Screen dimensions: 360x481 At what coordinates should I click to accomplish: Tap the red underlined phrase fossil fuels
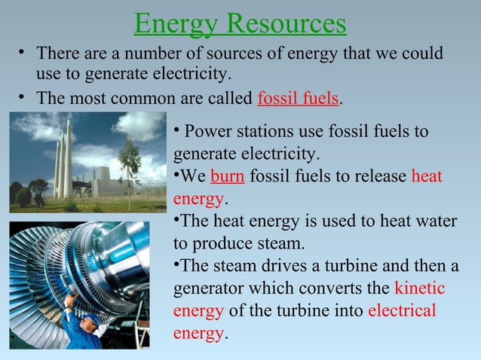(x=299, y=99)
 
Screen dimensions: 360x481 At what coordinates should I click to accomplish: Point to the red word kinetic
(x=419, y=288)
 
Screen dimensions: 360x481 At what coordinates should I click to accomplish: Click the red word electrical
(x=402, y=311)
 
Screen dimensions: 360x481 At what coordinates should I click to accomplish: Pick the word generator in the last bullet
(x=209, y=288)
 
